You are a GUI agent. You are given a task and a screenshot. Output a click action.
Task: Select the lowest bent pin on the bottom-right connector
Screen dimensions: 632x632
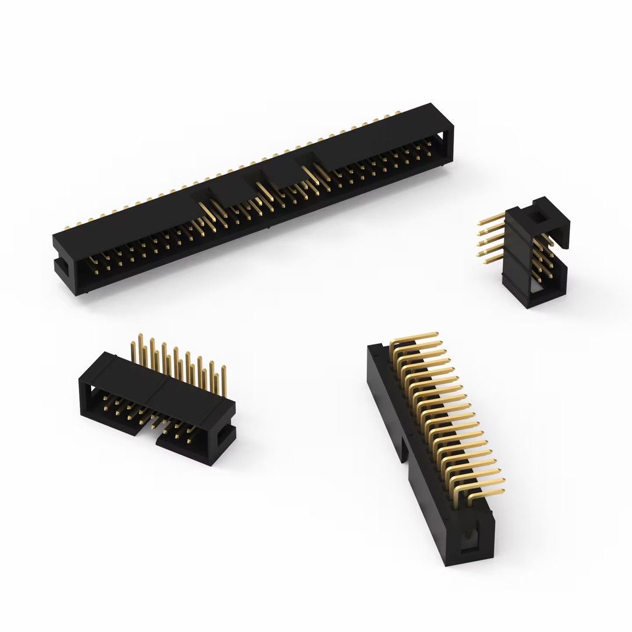pyautogui.click(x=488, y=493)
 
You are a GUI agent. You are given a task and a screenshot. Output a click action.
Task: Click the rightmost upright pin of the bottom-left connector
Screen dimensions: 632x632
pyautogui.click(x=223, y=380)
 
